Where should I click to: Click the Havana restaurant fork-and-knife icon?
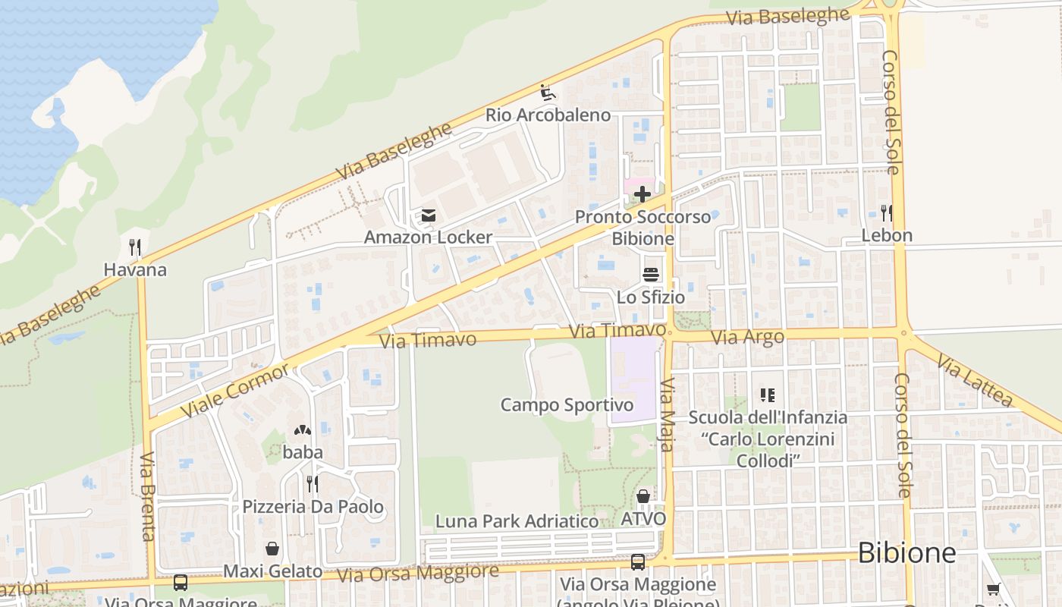pyautogui.click(x=135, y=247)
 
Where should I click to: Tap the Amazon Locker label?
pyautogui.click(x=428, y=237)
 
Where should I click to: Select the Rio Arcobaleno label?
pyautogui.click(x=548, y=115)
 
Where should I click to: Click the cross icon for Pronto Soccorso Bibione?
pyautogui.click(x=643, y=195)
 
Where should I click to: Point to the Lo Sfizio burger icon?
pyautogui.click(x=651, y=275)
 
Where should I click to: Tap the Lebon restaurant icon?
pyautogui.click(x=886, y=213)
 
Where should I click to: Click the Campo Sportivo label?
pyautogui.click(x=567, y=405)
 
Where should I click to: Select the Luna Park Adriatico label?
pyautogui.click(x=517, y=521)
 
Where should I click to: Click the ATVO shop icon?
pyautogui.click(x=643, y=497)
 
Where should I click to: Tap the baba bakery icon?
pyautogui.click(x=302, y=431)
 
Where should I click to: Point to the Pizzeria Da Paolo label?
pyautogui.click(x=313, y=507)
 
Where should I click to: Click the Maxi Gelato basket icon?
pyautogui.click(x=272, y=549)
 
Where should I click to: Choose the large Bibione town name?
pyautogui.click(x=906, y=553)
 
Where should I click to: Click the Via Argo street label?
pyautogui.click(x=748, y=337)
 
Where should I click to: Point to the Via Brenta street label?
pyautogui.click(x=147, y=496)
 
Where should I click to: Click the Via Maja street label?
pyautogui.click(x=667, y=415)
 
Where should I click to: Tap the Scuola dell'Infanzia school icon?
pyautogui.click(x=767, y=395)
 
